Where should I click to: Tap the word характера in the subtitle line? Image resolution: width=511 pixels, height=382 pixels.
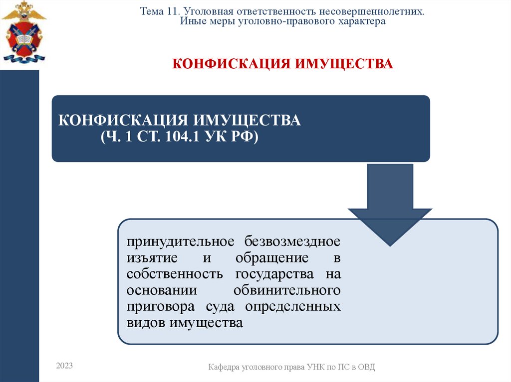pos(363,22)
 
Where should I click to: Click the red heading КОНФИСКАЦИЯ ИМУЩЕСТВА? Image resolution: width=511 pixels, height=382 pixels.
pos(283,64)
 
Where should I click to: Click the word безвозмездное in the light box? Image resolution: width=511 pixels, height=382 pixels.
pos(292,242)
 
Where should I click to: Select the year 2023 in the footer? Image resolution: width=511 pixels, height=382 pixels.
pos(64,366)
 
